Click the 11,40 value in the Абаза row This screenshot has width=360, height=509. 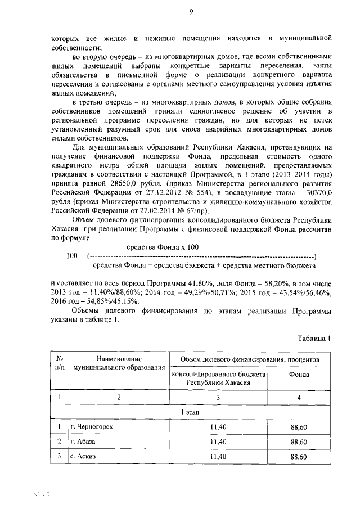[217, 442]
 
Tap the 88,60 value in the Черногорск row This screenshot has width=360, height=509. [299, 427]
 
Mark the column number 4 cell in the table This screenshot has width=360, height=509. [299, 398]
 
